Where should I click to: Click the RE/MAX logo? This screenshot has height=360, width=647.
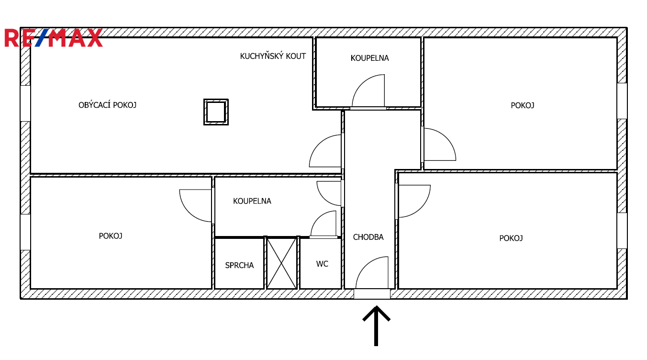click(54, 38)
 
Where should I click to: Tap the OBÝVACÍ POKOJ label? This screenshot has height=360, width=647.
click(108, 105)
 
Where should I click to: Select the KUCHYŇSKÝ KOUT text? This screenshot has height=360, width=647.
click(273, 56)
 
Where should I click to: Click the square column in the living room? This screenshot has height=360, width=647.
click(216, 112)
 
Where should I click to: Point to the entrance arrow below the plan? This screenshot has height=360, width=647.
click(376, 326)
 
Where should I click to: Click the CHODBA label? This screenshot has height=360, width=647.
click(368, 237)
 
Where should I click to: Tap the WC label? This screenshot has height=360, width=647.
click(322, 264)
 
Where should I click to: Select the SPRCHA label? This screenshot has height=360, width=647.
click(239, 265)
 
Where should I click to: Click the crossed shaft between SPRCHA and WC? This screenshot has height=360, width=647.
click(281, 263)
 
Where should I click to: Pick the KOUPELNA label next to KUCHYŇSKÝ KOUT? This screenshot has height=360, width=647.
click(370, 58)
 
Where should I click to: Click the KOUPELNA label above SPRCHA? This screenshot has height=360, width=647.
click(252, 201)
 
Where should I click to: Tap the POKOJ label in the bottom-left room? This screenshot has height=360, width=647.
click(111, 236)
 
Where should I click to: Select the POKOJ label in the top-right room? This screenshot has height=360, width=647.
click(523, 105)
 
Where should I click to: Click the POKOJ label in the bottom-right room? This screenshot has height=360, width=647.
click(511, 238)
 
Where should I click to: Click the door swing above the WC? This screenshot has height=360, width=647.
click(318, 217)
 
